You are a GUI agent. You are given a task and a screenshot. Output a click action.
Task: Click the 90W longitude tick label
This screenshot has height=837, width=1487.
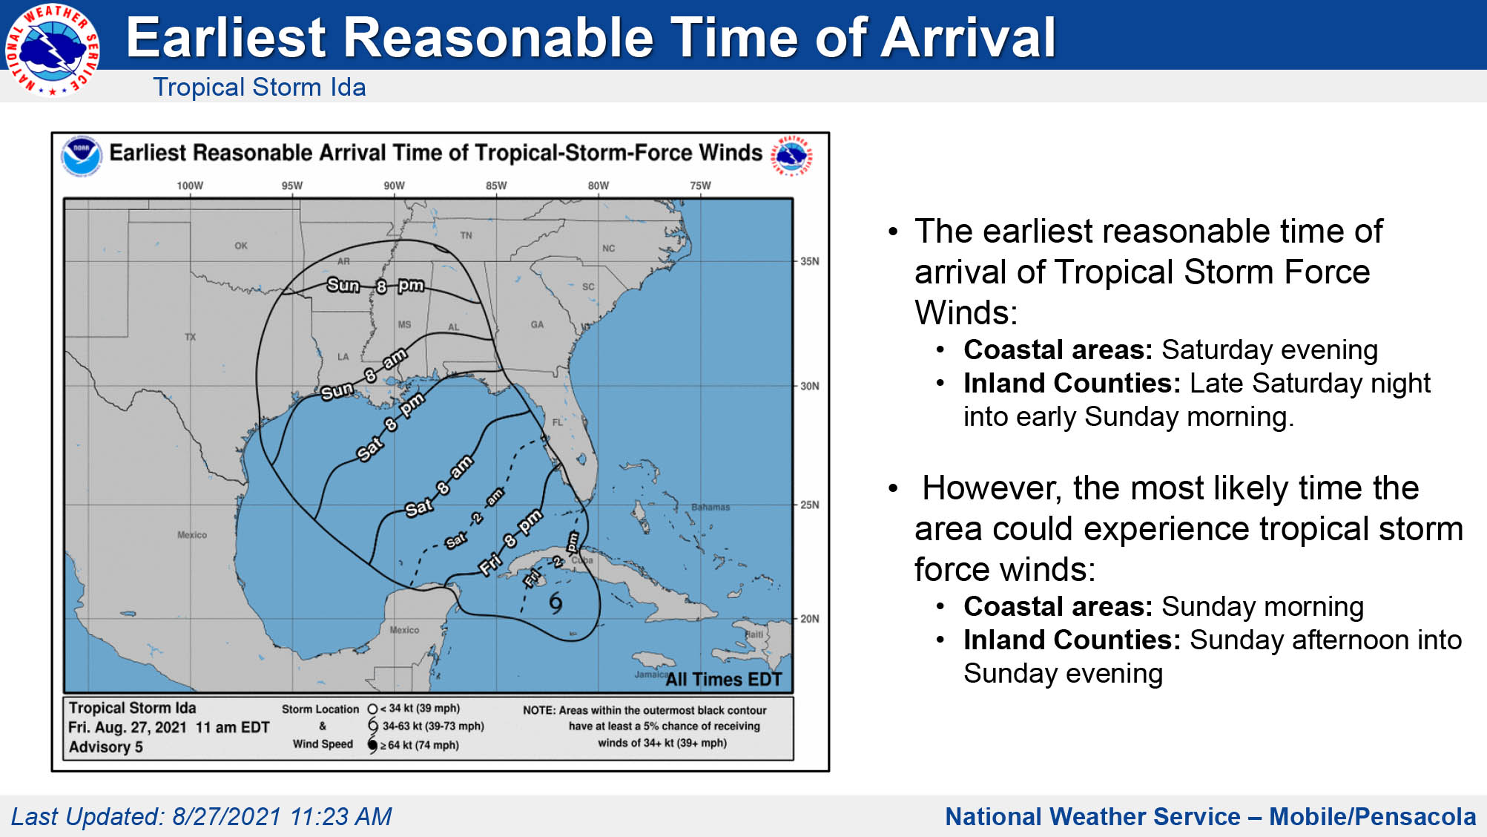[394, 186]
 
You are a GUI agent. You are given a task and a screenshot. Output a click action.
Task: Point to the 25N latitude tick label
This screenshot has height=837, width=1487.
[810, 505]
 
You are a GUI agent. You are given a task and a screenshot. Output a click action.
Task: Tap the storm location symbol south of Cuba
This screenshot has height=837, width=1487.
[555, 603]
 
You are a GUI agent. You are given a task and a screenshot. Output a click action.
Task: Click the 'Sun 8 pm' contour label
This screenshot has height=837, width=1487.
[375, 286]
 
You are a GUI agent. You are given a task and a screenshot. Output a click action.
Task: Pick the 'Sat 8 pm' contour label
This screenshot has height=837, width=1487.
[391, 426]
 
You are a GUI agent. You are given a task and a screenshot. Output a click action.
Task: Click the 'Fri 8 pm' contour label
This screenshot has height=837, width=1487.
[511, 542]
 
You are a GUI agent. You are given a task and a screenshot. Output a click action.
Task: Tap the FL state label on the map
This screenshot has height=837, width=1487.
[558, 422]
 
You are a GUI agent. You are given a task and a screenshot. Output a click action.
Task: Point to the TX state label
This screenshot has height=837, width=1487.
[191, 337]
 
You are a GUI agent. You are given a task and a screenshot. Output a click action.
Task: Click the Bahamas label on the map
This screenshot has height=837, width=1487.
[710, 508]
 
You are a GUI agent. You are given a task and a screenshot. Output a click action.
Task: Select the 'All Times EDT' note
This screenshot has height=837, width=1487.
[724, 679]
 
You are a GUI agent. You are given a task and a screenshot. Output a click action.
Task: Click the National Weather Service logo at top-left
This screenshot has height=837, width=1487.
[52, 50]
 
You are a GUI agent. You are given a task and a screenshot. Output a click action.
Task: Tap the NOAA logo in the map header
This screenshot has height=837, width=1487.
[81, 156]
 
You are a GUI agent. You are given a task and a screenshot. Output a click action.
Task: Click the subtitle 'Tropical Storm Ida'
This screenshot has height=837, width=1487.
[260, 87]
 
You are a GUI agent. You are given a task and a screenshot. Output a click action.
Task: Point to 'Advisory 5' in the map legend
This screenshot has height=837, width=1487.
[106, 747]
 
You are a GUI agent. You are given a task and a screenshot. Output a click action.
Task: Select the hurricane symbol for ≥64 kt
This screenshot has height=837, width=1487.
[372, 745]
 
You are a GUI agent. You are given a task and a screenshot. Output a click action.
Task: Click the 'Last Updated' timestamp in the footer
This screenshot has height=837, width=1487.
[201, 816]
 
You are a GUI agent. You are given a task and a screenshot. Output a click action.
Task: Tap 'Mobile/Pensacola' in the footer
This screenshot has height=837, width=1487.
[1373, 816]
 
